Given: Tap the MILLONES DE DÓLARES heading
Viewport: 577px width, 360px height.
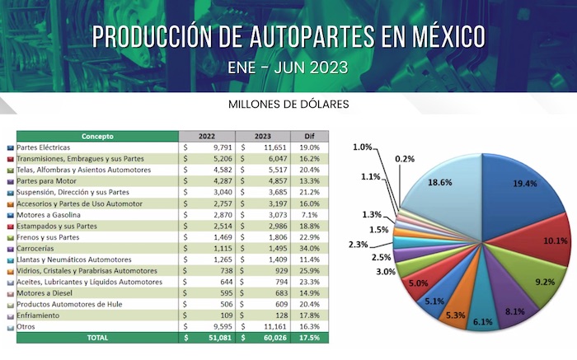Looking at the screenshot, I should pyautogui.click(x=288, y=105).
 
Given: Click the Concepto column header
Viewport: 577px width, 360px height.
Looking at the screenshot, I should pyautogui.click(x=97, y=136).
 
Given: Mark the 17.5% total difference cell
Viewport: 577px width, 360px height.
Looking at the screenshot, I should pyautogui.click(x=314, y=338).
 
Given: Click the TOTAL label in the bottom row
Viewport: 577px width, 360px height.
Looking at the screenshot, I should pyautogui.click(x=97, y=338).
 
